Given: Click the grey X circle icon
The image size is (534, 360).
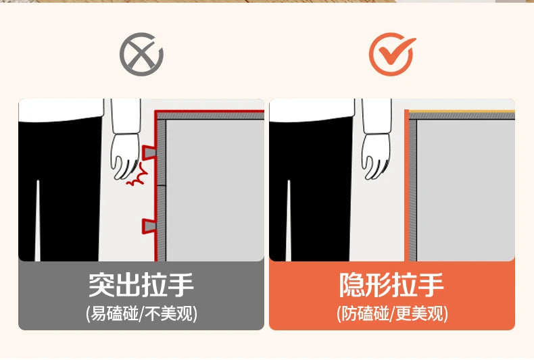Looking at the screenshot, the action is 141,54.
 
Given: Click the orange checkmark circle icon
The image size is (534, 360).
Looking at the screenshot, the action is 391,54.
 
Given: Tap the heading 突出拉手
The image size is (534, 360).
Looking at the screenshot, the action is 141,285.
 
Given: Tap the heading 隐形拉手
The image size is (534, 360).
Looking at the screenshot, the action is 391,285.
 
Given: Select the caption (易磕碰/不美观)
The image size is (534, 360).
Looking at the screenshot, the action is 141,313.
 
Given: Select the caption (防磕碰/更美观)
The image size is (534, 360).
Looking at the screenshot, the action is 392,313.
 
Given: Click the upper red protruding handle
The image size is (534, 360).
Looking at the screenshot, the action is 149,152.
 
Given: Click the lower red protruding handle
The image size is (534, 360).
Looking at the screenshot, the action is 149,226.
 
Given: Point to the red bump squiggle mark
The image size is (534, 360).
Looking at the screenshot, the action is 138,175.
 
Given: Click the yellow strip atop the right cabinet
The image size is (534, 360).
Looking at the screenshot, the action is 462,111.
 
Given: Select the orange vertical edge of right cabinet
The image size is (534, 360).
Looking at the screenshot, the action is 406,186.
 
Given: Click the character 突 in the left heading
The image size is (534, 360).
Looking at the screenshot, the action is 101,285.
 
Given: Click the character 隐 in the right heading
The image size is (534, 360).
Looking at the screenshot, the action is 352,285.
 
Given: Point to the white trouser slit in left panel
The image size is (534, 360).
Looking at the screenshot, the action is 37,221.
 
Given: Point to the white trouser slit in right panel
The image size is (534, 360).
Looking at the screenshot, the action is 289,221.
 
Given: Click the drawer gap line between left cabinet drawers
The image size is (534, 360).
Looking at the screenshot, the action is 162,186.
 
